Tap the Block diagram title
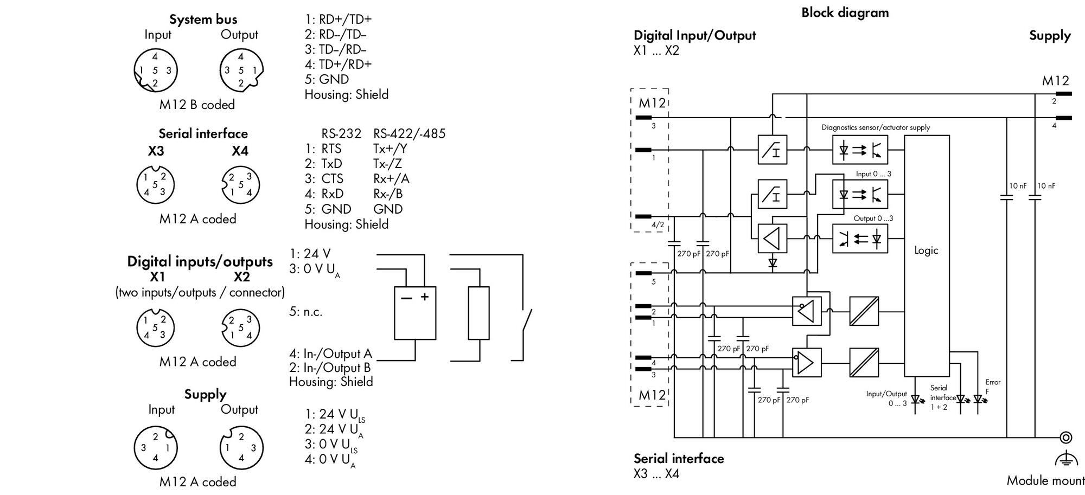(845, 12)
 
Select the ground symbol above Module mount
(1065, 459)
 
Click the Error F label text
(993, 387)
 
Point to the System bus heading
(203, 20)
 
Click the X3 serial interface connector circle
(155, 185)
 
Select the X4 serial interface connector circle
(240, 185)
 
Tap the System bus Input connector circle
(156, 70)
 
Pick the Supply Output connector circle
(241, 447)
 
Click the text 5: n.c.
(305, 312)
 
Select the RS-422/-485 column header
(409, 133)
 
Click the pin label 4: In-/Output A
(330, 354)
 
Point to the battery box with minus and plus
(415, 313)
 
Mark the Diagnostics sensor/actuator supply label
(876, 127)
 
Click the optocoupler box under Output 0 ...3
(860, 239)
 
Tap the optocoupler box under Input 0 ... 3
(860, 194)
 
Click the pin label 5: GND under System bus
(327, 79)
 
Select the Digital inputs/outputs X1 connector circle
(155, 327)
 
